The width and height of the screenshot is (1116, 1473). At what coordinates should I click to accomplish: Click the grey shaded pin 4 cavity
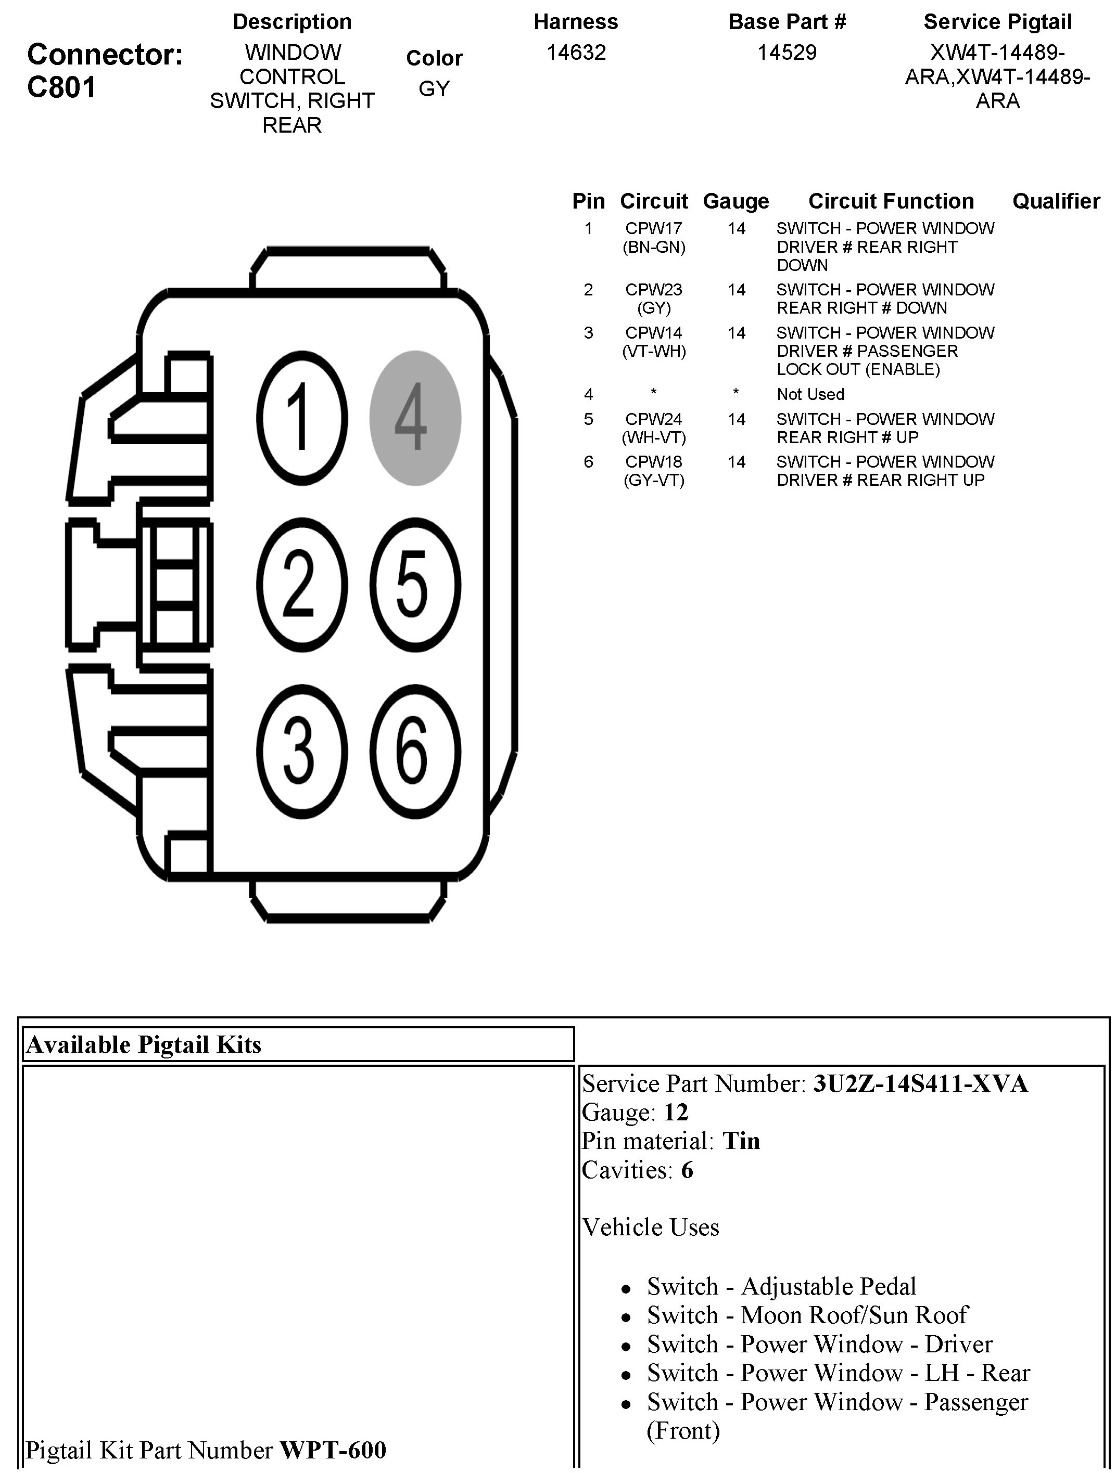(415, 418)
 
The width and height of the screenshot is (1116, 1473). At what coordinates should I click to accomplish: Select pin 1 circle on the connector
(302, 418)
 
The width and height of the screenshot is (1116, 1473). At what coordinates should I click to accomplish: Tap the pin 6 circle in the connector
(415, 753)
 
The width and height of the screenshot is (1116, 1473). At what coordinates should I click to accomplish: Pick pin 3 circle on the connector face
(302, 753)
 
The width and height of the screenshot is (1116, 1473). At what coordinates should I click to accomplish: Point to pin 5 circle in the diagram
(415, 585)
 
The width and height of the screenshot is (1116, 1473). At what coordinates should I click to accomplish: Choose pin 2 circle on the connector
(302, 585)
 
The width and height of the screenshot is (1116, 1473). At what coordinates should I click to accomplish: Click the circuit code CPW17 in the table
(654, 228)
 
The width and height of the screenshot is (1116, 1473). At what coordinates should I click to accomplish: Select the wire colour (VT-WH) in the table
(654, 351)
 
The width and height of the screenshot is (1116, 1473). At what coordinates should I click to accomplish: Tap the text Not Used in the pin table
(810, 394)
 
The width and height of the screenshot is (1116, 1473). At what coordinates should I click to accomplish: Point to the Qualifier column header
(1056, 201)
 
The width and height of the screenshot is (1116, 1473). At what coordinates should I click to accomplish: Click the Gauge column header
(735, 201)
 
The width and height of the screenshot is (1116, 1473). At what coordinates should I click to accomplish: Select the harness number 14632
(576, 53)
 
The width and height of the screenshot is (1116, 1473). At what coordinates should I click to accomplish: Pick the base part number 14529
(787, 53)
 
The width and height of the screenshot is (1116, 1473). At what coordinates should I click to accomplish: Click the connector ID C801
(61, 87)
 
